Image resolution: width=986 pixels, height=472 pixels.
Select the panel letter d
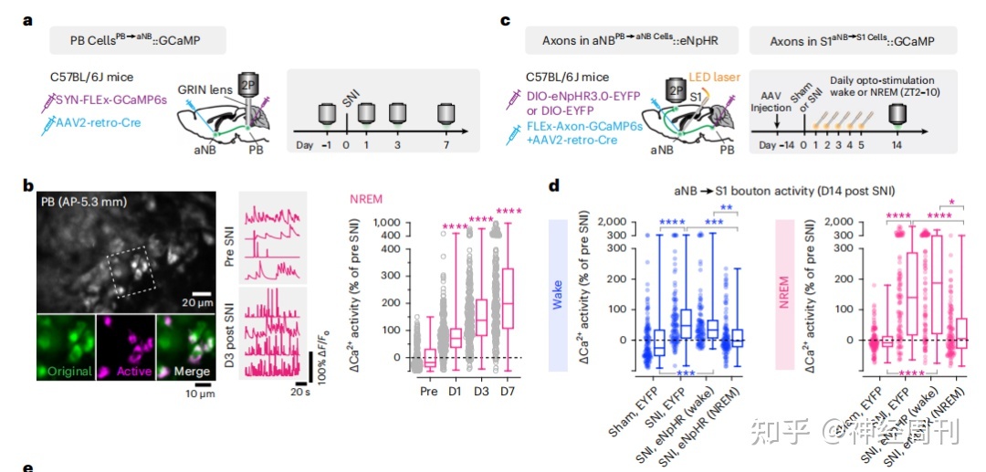coord(553,184)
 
